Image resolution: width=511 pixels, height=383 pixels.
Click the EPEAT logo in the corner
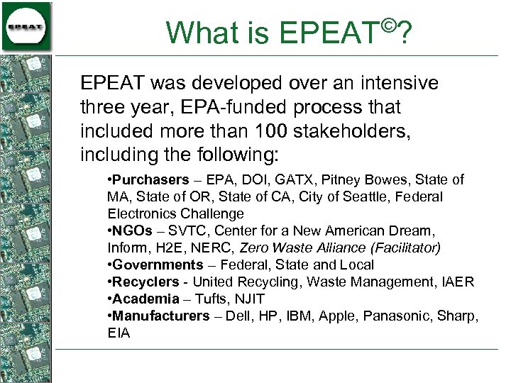[x=27, y=26]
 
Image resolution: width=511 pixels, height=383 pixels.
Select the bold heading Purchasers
[x=150, y=180]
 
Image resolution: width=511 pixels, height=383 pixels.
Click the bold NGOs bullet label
[x=133, y=231]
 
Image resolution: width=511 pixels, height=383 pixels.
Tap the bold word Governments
[x=158, y=265]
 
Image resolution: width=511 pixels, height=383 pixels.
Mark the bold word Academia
[x=145, y=299]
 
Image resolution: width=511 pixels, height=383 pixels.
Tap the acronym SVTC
[x=187, y=231]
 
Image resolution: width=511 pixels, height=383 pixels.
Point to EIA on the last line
[x=119, y=333]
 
